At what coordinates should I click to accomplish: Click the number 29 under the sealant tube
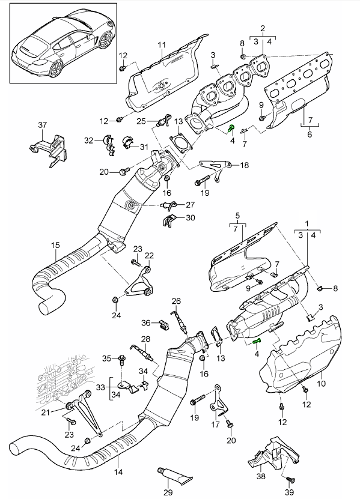[168, 492]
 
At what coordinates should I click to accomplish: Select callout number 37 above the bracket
[43, 125]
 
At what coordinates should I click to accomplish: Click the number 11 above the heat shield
[162, 44]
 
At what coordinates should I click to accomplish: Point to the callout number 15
[55, 245]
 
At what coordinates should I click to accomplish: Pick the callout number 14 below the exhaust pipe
[118, 471]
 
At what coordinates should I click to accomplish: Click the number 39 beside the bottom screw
[289, 492]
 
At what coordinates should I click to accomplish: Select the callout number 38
[261, 476]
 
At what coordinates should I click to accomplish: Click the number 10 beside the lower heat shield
[322, 383]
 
